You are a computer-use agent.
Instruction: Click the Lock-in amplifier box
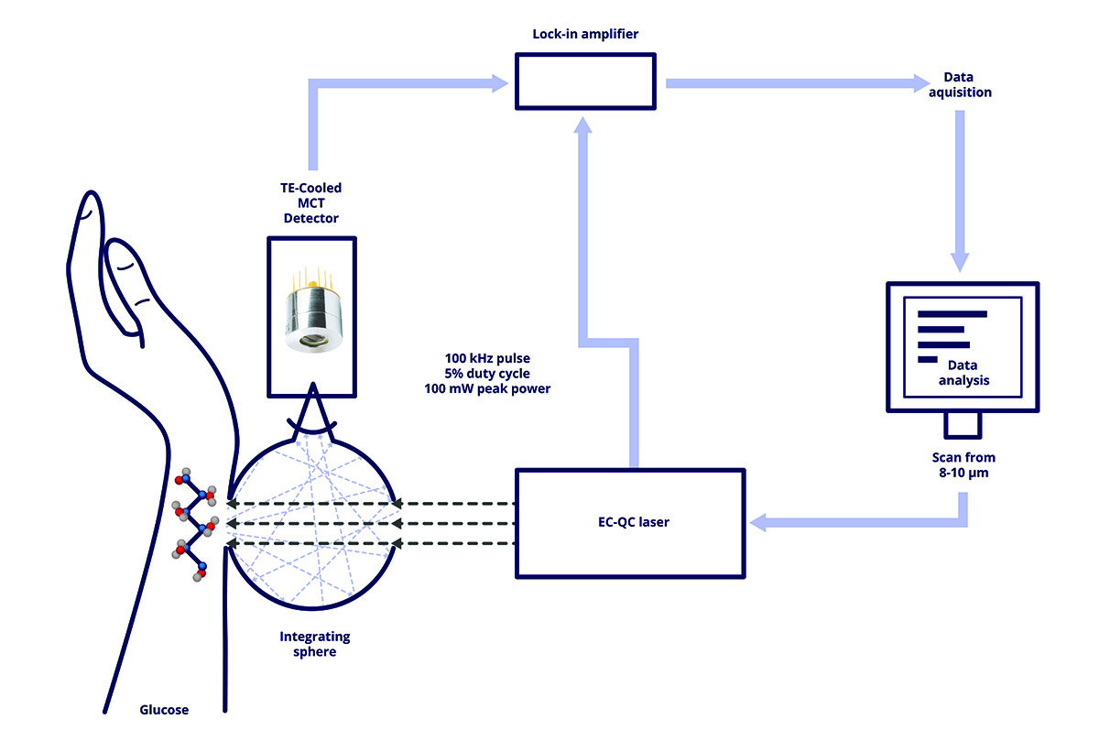584,80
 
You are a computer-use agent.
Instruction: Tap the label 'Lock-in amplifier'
585,34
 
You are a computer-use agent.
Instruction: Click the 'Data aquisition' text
960,85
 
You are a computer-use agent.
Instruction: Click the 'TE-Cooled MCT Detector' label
310,203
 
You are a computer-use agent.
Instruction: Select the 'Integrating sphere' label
315,643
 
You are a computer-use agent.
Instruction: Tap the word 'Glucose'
164,709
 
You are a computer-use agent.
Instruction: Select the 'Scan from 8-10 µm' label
963,464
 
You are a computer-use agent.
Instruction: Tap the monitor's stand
963,425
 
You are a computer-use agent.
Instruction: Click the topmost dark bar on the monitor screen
952,314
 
